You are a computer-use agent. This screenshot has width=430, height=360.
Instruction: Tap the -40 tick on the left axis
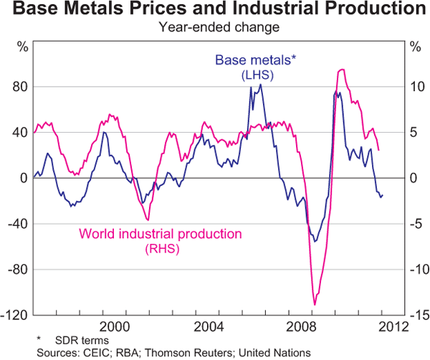18,224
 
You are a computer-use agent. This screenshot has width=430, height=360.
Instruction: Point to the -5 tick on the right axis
411,224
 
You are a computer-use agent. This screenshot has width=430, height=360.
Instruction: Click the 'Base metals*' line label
246,60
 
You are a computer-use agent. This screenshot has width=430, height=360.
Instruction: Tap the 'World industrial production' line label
161,234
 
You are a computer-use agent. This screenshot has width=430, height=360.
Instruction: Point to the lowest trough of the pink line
314,305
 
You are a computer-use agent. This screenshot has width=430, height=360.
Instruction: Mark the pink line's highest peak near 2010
342,70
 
